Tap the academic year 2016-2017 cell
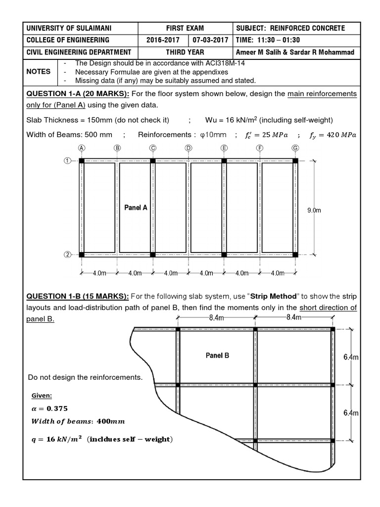[163, 41]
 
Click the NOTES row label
[39, 71]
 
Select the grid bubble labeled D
[189, 148]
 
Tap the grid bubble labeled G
[295, 148]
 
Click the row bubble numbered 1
[66, 160]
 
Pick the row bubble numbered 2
[66, 255]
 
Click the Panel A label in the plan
[136, 208]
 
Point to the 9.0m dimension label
[315, 210]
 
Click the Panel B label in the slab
[217, 355]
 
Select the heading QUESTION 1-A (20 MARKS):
[78, 94]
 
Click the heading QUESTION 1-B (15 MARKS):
[78, 296]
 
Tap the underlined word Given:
[42, 396]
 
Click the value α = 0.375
[49, 408]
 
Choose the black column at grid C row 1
[153, 160]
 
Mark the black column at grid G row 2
[295, 255]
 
